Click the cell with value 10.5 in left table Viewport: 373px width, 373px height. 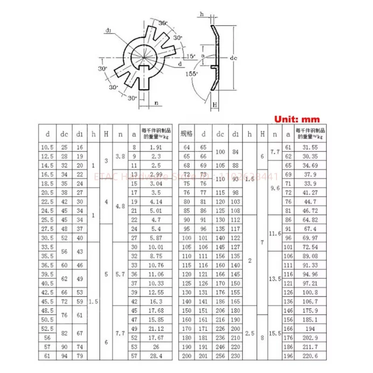click(x=46, y=147)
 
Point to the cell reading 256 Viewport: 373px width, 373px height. click(x=220, y=356)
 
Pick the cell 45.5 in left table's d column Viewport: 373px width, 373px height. click(x=46, y=301)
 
